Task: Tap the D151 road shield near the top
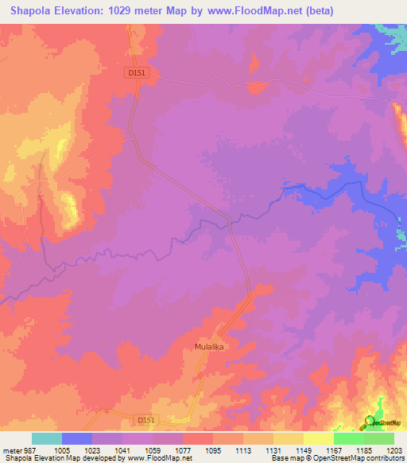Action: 138,72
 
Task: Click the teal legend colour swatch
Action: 47,438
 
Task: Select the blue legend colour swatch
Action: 77,438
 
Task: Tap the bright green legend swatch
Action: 349,438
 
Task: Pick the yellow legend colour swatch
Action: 319,438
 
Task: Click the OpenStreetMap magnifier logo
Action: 369,422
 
